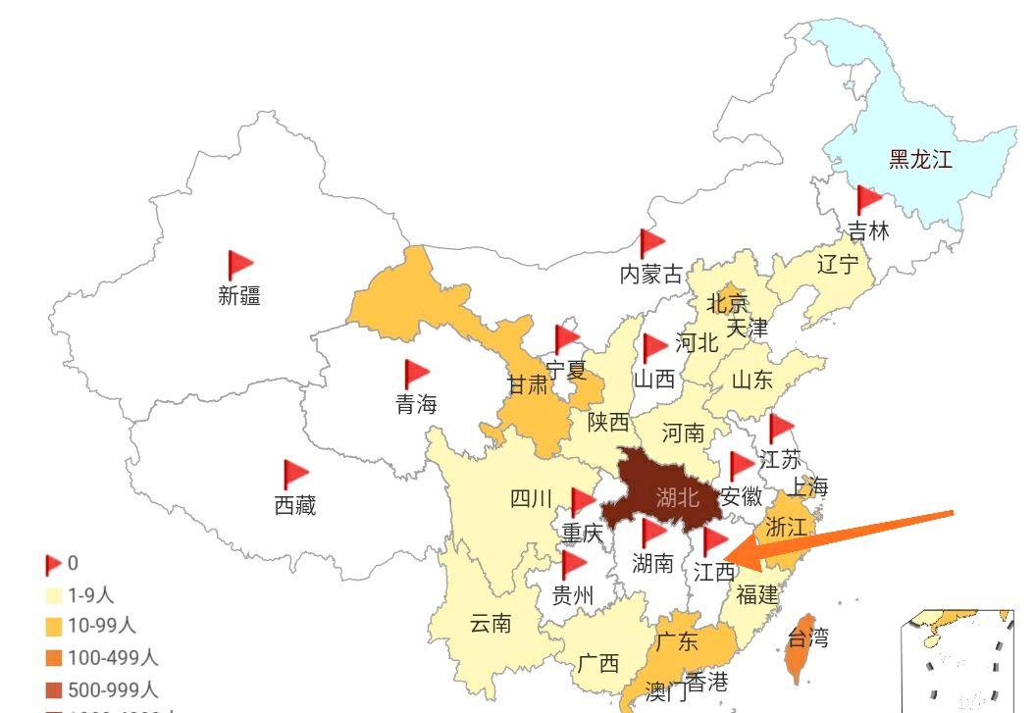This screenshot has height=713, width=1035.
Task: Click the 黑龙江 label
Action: point(920,159)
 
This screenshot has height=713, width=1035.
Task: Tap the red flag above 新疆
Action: point(239,265)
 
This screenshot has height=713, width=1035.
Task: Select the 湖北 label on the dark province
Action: point(678,497)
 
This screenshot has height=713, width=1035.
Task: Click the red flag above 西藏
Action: point(295,475)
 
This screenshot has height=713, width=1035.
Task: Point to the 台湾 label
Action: point(808,638)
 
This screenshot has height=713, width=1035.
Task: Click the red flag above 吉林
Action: point(868,200)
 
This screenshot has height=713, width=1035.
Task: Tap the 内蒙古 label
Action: point(650,275)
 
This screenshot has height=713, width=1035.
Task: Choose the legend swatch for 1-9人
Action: point(54,594)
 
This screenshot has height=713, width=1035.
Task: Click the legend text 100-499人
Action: point(113,658)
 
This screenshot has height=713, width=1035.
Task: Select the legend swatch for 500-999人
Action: point(54,690)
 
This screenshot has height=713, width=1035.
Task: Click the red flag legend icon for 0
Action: point(53,564)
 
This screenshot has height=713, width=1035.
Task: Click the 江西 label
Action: point(713,573)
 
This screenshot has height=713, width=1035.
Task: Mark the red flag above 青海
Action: point(417,374)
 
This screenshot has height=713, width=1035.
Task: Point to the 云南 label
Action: point(491,623)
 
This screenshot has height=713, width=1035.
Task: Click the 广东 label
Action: point(677,642)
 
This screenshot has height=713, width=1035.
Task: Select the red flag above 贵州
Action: point(573,564)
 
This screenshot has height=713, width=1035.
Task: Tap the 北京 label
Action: point(727,303)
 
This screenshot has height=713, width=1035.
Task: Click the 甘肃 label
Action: point(528,385)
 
